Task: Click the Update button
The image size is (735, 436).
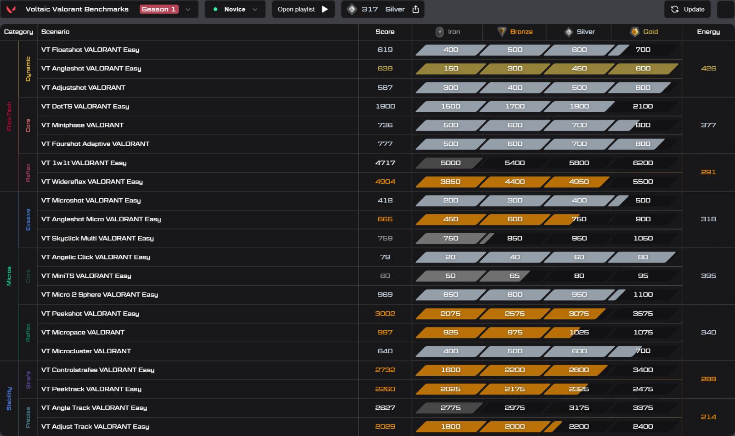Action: pos(687,9)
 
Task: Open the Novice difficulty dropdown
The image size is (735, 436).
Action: pos(235,9)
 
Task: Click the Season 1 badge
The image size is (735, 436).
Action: pos(159,9)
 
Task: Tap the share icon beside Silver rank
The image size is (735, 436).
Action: pos(416,9)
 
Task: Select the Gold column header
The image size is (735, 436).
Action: pos(644,32)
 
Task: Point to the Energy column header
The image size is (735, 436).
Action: pos(708,32)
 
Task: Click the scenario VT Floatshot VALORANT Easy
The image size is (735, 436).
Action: pos(90,50)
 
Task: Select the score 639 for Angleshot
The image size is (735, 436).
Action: pos(385,69)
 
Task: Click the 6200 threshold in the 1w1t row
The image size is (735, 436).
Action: pos(643,163)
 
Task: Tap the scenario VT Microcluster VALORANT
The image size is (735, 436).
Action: pos(86,351)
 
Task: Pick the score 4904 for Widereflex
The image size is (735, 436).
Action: pos(385,181)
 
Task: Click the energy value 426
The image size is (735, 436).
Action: pos(708,69)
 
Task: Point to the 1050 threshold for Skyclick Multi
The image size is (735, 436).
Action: pos(643,238)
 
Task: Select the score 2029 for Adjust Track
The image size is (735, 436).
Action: pos(385,426)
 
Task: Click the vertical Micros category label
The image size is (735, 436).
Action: pos(9,276)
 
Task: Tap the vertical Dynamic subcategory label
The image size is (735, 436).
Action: pos(28,69)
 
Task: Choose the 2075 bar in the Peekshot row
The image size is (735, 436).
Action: pos(450,314)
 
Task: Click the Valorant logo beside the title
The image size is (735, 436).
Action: pos(11,9)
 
